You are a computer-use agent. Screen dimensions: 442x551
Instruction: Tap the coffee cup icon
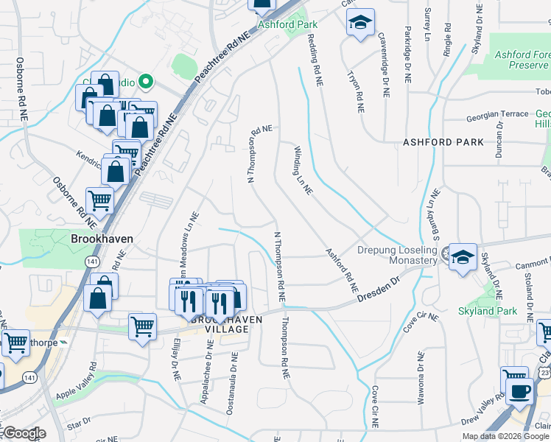point(521,390)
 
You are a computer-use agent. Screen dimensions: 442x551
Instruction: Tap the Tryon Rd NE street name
point(356,85)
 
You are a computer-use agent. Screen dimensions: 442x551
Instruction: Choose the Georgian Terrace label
point(498,114)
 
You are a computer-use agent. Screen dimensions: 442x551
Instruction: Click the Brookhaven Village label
point(220,325)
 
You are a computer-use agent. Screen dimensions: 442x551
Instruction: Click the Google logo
point(24,433)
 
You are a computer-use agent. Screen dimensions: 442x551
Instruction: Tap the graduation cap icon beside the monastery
point(463,257)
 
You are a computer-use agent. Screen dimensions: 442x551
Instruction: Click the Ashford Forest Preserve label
point(522,60)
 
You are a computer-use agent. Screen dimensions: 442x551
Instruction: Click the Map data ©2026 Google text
point(505,436)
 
